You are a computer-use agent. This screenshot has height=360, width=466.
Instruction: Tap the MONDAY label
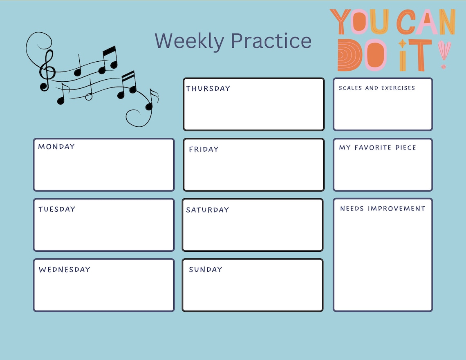pyautogui.click(x=56, y=146)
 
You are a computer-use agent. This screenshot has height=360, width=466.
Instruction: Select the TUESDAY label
pyautogui.click(x=57, y=209)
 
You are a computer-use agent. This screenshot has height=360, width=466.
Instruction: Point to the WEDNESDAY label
pyautogui.click(x=64, y=270)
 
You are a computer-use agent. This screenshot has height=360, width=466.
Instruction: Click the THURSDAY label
pyautogui.click(x=208, y=89)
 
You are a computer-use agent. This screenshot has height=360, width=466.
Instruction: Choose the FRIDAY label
pyautogui.click(x=204, y=150)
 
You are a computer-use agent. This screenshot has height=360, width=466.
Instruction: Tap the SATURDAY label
pyautogui.click(x=207, y=210)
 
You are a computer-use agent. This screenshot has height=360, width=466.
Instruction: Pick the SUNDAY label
pyautogui.click(x=205, y=270)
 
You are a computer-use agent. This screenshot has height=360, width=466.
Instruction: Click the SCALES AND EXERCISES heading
pyautogui.click(x=376, y=88)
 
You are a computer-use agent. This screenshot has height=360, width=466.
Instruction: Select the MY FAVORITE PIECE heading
pyautogui.click(x=377, y=148)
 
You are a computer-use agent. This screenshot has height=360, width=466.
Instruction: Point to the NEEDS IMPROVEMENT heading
pyautogui.click(x=383, y=209)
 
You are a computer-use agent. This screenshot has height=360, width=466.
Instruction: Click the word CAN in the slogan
pyautogui.click(x=426, y=22)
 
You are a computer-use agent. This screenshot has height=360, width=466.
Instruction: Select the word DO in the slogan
pyautogui.click(x=362, y=55)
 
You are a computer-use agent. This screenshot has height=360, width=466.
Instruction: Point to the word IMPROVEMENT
pyautogui.click(x=397, y=209)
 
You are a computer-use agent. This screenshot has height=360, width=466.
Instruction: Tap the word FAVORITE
pyautogui.click(x=373, y=148)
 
